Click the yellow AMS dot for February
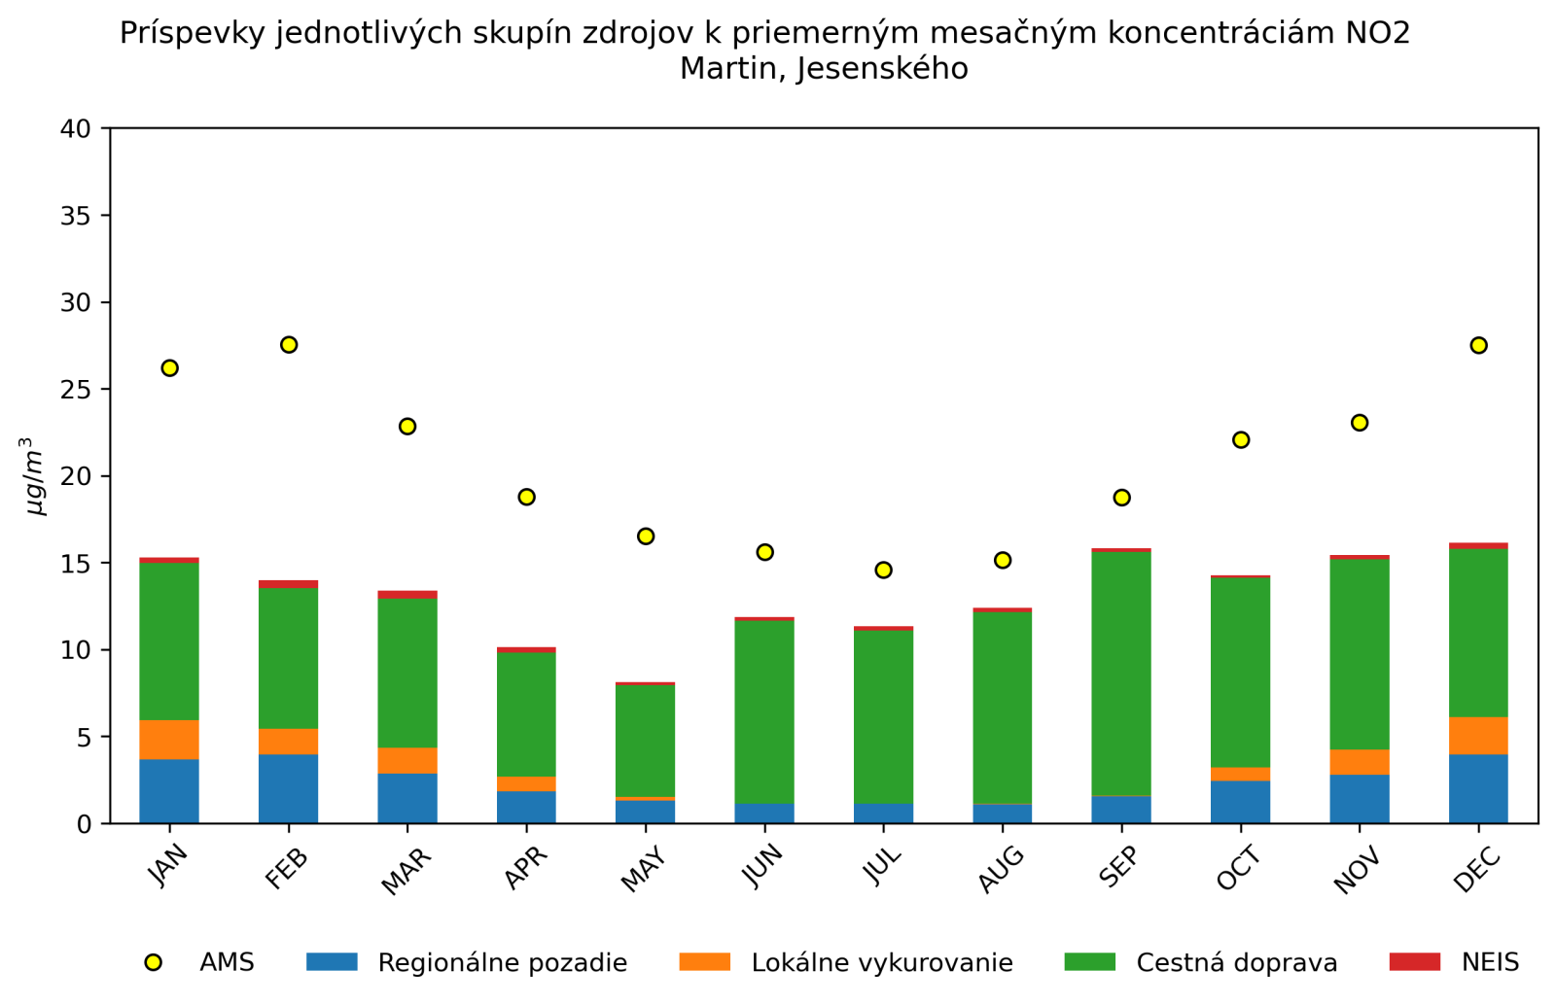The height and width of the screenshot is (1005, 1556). pos(289,345)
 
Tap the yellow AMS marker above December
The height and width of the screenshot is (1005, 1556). pos(1478,345)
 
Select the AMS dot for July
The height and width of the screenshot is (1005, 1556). pos(883,570)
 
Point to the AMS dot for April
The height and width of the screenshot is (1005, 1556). pos(526,497)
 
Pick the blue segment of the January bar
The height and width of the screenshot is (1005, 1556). pos(169,791)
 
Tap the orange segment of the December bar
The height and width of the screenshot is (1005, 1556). pos(1478,736)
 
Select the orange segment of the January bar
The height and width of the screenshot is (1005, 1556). pos(169,740)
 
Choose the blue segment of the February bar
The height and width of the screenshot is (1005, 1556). pos(289,788)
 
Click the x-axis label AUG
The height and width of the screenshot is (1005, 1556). pos(1002,868)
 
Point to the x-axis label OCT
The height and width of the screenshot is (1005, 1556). pos(1239,868)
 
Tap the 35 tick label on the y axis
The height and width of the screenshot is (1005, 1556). pos(75,216)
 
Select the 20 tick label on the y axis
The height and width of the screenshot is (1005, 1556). pos(75,476)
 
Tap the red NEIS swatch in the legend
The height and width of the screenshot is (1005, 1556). pos(1414,961)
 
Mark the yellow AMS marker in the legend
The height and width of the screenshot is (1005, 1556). pos(153,962)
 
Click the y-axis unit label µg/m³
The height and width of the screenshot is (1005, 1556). pos(34,476)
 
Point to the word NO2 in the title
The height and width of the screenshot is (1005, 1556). pos(1377,33)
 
